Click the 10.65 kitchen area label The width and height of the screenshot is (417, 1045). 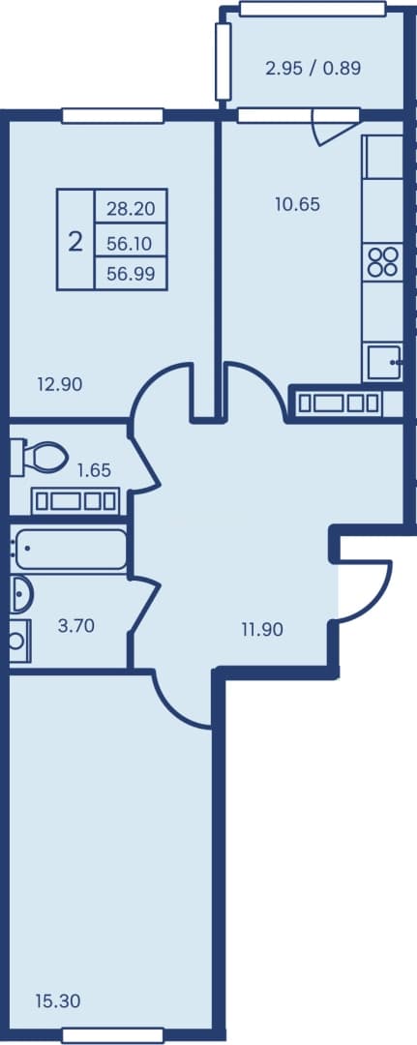(297, 204)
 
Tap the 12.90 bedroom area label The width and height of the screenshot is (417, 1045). (60, 384)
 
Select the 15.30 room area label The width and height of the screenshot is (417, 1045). (58, 1000)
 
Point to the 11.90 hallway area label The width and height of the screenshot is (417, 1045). (262, 629)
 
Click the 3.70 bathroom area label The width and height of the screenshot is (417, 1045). (76, 625)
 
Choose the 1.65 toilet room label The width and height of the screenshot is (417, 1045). (94, 470)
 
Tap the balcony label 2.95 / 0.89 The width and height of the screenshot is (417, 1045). (313, 68)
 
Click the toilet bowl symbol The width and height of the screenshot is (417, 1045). (39, 457)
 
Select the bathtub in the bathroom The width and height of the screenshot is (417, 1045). (69, 549)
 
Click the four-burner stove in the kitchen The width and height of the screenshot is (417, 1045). (382, 261)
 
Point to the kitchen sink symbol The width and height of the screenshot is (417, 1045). (384, 363)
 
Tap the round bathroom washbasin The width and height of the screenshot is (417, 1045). (20, 594)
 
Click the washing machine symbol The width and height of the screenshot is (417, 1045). (20, 641)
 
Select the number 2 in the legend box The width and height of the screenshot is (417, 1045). (75, 241)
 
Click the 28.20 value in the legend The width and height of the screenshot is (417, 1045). (131, 209)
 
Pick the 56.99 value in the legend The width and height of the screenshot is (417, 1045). (131, 274)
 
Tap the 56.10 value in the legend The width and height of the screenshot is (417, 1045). (131, 243)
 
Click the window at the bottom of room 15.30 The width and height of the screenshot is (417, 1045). (112, 1035)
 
